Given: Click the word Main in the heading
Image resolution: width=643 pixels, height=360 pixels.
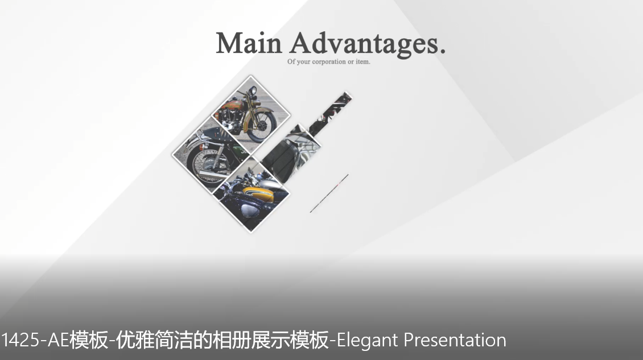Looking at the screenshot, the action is (x=249, y=43).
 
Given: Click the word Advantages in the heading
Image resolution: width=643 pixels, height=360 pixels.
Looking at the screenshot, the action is (x=362, y=45).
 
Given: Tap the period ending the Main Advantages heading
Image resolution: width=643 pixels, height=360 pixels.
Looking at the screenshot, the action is (x=442, y=52).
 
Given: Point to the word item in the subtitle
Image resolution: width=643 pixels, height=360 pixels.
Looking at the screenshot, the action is (x=363, y=61).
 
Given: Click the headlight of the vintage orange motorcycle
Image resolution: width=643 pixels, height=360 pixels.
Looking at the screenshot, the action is (x=253, y=90).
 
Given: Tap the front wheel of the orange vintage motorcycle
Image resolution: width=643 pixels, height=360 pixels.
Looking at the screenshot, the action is (x=261, y=126).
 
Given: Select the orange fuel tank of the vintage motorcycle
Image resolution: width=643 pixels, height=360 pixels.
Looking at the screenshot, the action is (x=232, y=105).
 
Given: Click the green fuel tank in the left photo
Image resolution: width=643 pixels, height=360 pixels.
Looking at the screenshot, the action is (x=239, y=148).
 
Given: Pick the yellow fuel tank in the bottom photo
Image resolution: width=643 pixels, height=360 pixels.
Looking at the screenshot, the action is (x=258, y=193).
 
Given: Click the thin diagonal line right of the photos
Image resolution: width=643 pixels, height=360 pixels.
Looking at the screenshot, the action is (x=329, y=193).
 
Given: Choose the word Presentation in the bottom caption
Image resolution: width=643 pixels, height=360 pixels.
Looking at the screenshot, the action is (x=455, y=340).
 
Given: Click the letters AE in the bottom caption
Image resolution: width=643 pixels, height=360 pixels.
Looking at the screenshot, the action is (x=58, y=340).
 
